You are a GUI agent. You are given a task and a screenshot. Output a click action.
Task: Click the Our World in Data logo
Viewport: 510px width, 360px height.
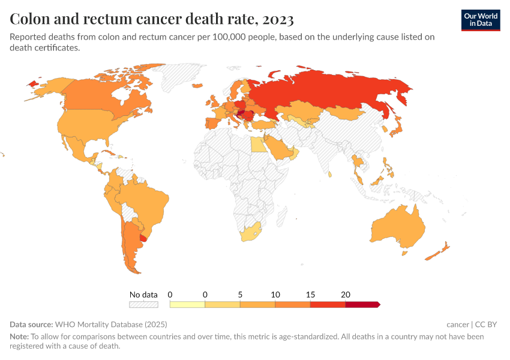tap(480, 20)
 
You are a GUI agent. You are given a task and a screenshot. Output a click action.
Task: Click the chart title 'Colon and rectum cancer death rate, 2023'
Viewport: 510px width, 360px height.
tap(152, 19)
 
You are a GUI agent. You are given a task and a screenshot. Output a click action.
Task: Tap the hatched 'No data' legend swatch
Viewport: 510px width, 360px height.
tap(143, 305)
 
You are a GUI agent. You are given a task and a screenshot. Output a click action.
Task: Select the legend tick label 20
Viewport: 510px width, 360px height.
tap(345, 295)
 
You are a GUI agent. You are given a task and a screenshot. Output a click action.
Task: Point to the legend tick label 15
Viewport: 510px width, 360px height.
tap(310, 295)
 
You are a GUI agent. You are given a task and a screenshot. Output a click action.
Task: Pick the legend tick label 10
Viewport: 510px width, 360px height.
tap(275, 295)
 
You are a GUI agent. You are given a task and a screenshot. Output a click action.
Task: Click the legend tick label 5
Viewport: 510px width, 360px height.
tap(240, 295)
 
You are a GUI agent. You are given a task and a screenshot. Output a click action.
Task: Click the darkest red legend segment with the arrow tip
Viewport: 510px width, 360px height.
tap(362, 305)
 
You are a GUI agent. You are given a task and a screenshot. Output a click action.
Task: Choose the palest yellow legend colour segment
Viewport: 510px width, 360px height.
tap(187, 305)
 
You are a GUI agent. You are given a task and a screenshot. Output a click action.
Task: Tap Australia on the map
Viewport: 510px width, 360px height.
tap(399, 228)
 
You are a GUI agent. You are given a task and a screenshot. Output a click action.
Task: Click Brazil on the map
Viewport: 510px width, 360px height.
tap(147, 201)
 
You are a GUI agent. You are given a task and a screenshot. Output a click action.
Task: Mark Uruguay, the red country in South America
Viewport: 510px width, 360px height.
tap(143, 238)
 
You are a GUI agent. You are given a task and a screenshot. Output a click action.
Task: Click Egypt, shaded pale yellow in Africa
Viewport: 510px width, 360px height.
tap(256, 145)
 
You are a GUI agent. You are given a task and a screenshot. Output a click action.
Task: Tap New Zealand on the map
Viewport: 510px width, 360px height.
tap(438, 252)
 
